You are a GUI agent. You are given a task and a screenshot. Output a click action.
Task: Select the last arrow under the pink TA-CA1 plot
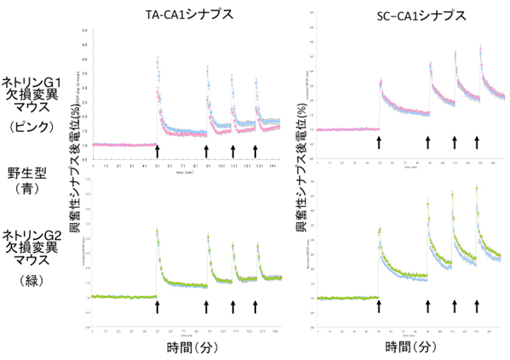[255, 151]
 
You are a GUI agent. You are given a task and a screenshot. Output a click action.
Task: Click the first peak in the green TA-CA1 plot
[158, 230]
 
